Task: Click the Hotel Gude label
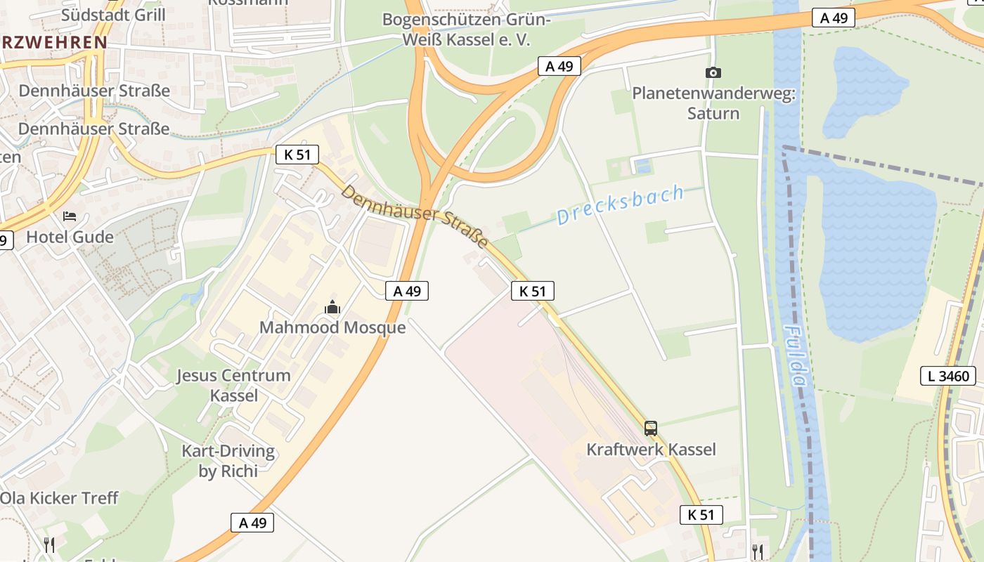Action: pos(70,237)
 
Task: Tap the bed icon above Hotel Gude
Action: pos(70,216)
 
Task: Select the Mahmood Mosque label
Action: pos(332,327)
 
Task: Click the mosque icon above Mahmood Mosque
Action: pos(332,307)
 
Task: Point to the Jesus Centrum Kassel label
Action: pos(233,385)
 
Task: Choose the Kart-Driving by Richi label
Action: pos(228,461)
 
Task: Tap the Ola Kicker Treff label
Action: pos(59,498)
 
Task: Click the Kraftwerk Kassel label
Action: pos(651,450)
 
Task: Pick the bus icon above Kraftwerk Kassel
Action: pos(651,428)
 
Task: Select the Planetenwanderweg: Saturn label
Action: pos(713,103)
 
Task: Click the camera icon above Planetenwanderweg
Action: pos(713,72)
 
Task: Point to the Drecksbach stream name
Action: pos(621,205)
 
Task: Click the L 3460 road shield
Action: pos(948,376)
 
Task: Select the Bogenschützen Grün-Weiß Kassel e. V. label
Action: pos(466,30)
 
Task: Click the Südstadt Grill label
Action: pos(114,15)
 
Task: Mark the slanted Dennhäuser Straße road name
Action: pos(415,216)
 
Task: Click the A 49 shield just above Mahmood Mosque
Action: pos(407,291)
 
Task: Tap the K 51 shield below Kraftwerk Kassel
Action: pos(701,515)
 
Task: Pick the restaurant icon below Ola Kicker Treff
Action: pos(49,544)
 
